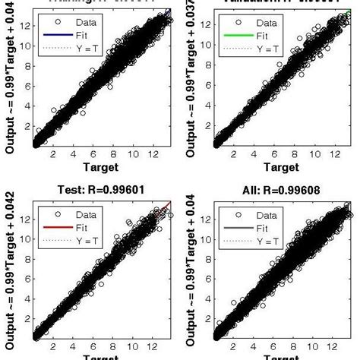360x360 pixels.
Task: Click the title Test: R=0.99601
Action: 101,191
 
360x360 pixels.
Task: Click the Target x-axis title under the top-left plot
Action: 101,167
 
